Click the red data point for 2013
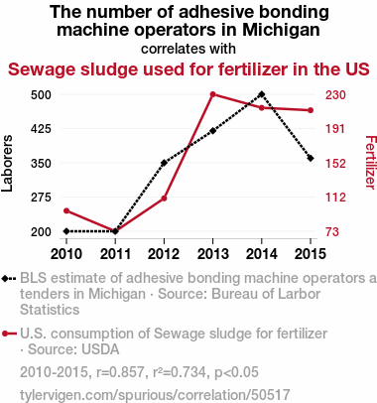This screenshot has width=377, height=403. click(212, 94)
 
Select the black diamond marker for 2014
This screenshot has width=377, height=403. click(262, 94)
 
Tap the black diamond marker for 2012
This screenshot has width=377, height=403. click(164, 163)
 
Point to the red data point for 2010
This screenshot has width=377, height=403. click(66, 210)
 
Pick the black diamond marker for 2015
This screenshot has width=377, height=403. click(311, 158)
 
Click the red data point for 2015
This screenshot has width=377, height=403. click(311, 110)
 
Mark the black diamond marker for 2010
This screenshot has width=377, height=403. click(66, 231)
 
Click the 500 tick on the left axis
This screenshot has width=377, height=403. click(41, 95)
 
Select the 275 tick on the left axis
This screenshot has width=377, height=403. click(41, 198)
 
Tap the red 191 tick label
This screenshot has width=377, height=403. click(335, 129)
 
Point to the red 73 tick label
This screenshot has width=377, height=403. click(332, 231)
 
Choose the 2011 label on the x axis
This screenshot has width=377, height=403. click(115, 254)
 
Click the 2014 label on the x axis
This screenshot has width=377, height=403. click(262, 254)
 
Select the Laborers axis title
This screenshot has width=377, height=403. click(7, 163)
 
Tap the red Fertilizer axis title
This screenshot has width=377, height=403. click(370, 162)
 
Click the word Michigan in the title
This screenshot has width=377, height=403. click(281, 30)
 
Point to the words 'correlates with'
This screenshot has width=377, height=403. click(188, 49)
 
